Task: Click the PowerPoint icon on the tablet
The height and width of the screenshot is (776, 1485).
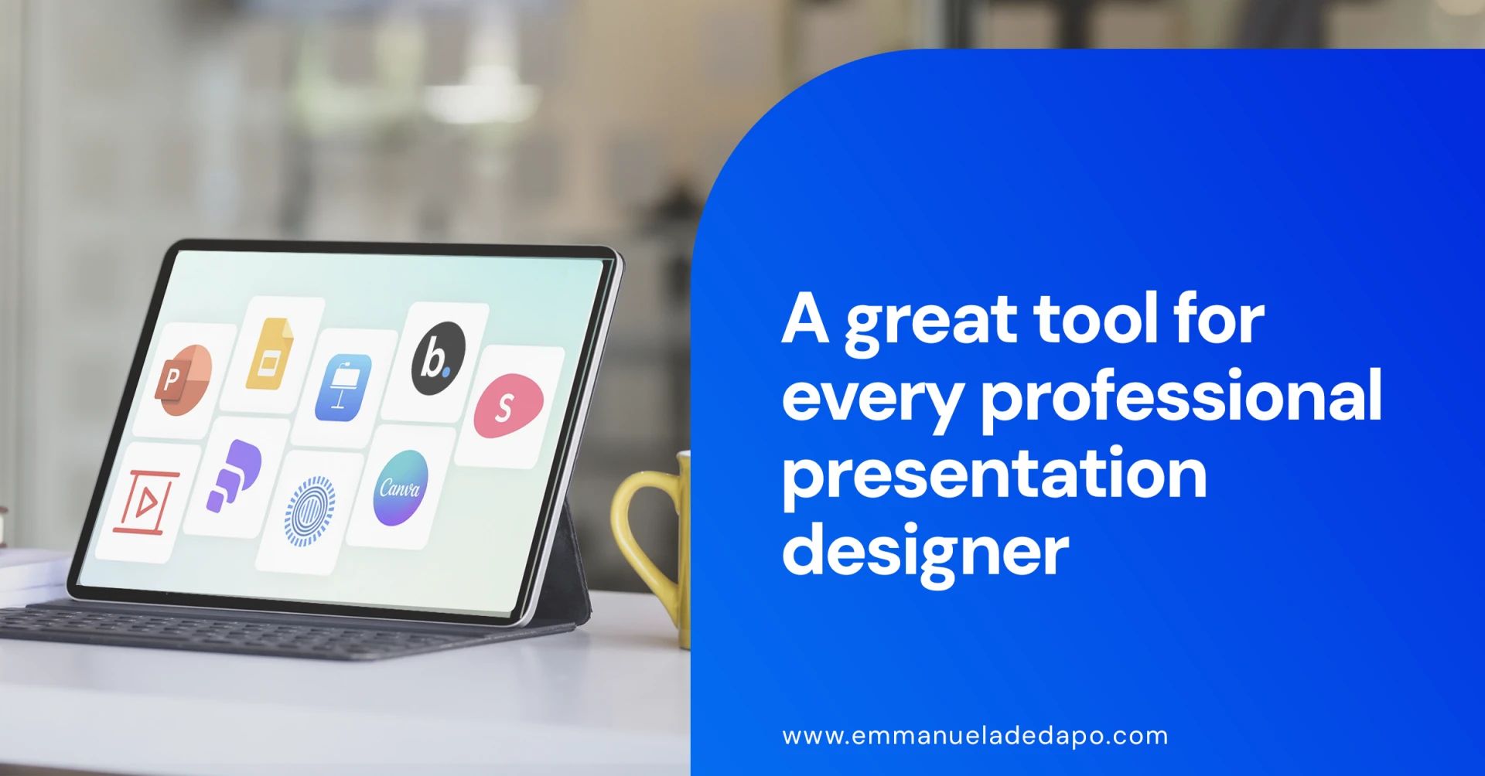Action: pyautogui.click(x=183, y=380)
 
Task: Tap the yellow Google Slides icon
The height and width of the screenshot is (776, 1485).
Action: pyautogui.click(x=269, y=354)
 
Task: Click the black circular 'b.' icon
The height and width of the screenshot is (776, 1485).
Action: pyautogui.click(x=438, y=359)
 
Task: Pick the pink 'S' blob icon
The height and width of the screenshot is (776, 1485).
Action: pyautogui.click(x=508, y=405)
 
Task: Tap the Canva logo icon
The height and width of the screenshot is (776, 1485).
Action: pyautogui.click(x=400, y=488)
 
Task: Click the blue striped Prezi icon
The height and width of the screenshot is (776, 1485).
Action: pyautogui.click(x=309, y=511)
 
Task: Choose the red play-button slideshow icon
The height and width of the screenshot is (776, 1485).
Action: pyautogui.click(x=145, y=502)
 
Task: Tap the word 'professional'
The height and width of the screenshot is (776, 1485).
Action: pyautogui.click(x=1182, y=400)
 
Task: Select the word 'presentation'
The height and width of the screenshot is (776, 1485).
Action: pyautogui.click(x=995, y=477)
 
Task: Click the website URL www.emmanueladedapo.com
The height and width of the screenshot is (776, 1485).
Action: pyautogui.click(x=975, y=737)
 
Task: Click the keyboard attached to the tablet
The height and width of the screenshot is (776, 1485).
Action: pyautogui.click(x=271, y=629)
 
